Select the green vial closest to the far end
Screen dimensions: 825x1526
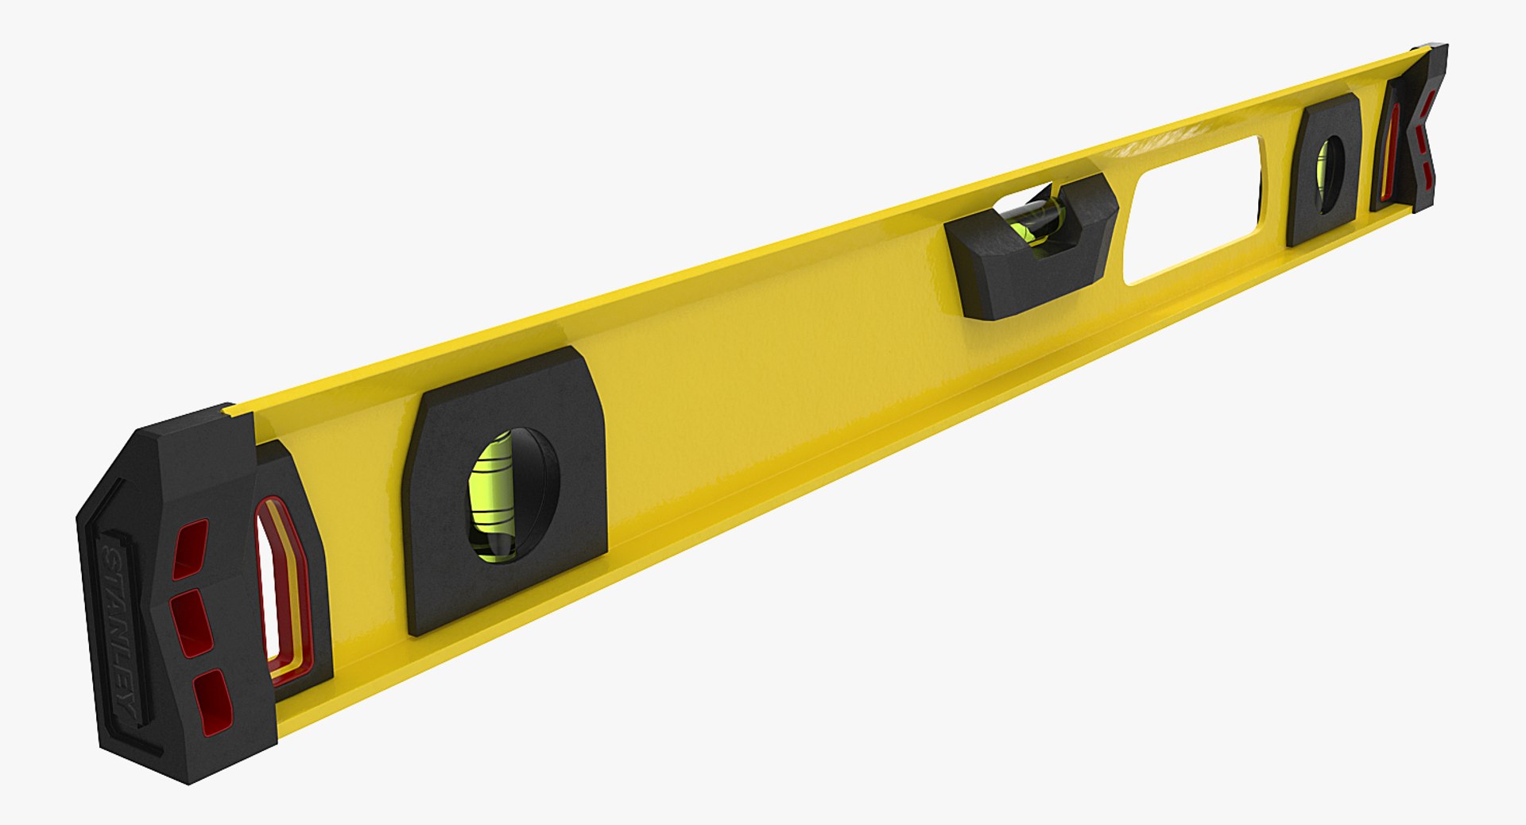[1323, 171]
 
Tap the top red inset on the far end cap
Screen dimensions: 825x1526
[1430, 103]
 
